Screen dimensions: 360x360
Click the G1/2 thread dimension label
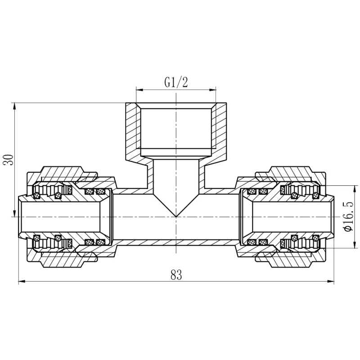(x=175, y=82)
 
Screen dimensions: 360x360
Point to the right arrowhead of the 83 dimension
(x=332, y=282)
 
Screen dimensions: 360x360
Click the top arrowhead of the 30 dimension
(x=15, y=106)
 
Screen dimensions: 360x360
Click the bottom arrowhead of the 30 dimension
(x=15, y=214)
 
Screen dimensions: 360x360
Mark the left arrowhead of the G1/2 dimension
(x=138, y=89)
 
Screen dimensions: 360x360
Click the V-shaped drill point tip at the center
(x=176, y=216)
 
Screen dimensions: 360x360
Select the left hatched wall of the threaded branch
(x=131, y=130)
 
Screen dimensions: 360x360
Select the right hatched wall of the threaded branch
(x=220, y=130)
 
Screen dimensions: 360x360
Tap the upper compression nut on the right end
(x=290, y=173)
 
